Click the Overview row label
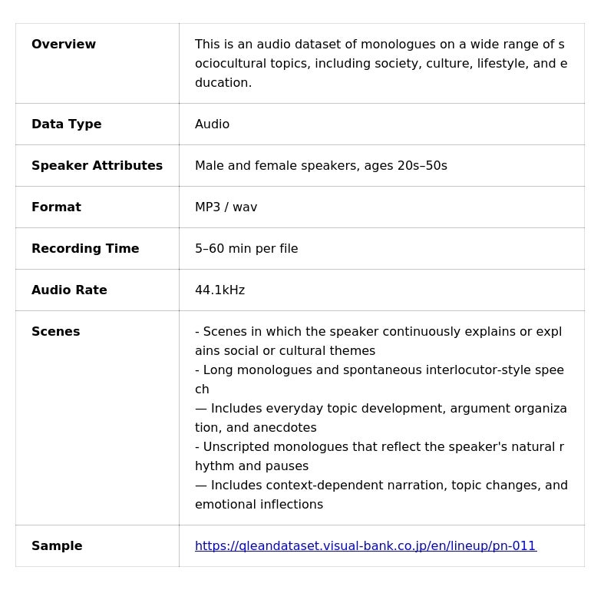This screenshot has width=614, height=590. pyautogui.click(x=64, y=45)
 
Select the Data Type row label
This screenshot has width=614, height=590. pyautogui.click(x=67, y=124)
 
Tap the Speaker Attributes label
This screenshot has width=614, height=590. pyautogui.click(x=97, y=166)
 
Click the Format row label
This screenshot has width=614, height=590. pyautogui.click(x=56, y=207)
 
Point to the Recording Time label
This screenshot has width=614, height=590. pyautogui.click(x=85, y=249)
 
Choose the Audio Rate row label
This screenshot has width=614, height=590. pyautogui.click(x=69, y=290)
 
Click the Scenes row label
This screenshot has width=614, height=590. pyautogui.click(x=55, y=332)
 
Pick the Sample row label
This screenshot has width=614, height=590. pyautogui.click(x=57, y=546)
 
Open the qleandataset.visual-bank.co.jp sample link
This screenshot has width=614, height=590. pyautogui.click(x=365, y=546)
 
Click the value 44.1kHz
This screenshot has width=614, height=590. pyautogui.click(x=220, y=290)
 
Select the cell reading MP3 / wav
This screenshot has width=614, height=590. pyautogui.click(x=226, y=207)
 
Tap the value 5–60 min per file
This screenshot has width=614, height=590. pyautogui.click(x=246, y=249)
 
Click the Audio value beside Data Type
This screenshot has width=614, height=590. pyautogui.click(x=212, y=124)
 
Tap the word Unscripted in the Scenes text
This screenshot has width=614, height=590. pyautogui.click(x=237, y=447)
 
